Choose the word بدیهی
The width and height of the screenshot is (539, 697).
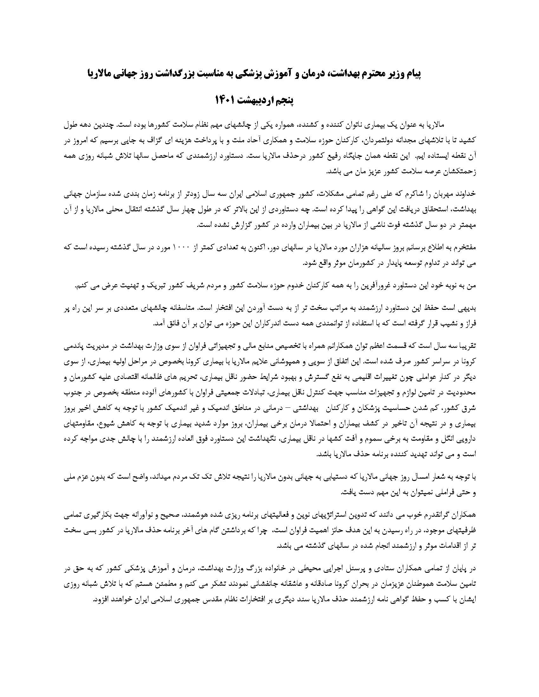point(468,308)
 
